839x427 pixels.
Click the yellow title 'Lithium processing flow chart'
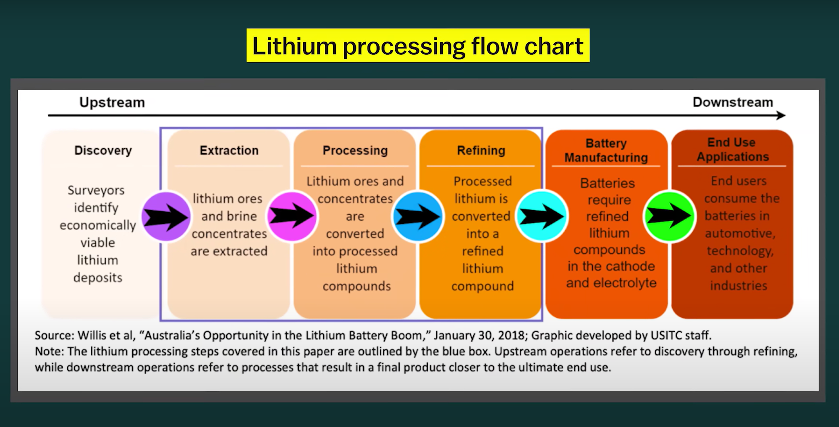pyautogui.click(x=418, y=46)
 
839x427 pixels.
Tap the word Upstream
pyautogui.click(x=112, y=102)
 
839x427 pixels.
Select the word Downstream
pyautogui.click(x=732, y=102)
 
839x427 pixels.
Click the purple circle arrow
pyautogui.click(x=166, y=216)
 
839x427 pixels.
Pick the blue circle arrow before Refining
pyautogui.click(x=417, y=216)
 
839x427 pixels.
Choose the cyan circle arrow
pyautogui.click(x=542, y=216)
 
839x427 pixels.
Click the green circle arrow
pyautogui.click(x=669, y=216)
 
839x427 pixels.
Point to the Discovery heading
pyautogui.click(x=103, y=150)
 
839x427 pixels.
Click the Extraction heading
pyautogui.click(x=229, y=150)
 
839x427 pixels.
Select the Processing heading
pyautogui.click(x=355, y=150)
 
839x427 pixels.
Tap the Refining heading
pyautogui.click(x=481, y=150)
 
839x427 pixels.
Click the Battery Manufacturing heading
pyautogui.click(x=606, y=150)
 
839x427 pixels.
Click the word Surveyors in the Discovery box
pyautogui.click(x=96, y=190)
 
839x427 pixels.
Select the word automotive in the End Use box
pyautogui.click(x=740, y=234)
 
